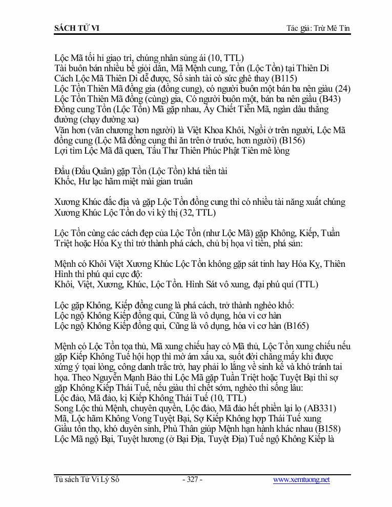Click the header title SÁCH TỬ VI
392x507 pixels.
[77, 28]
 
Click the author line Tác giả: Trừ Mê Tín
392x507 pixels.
[318, 28]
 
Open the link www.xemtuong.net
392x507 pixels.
[301, 480]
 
